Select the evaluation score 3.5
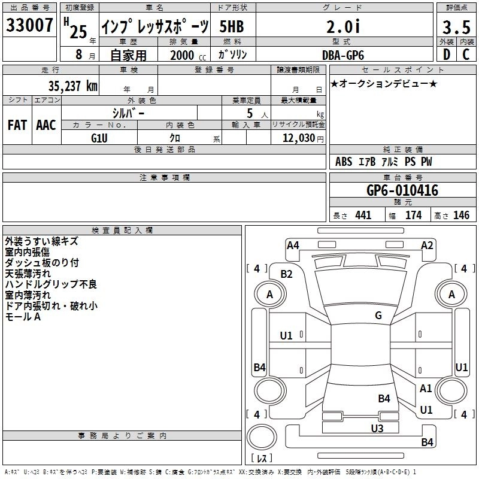(x=456, y=27)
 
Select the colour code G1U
(x=99, y=138)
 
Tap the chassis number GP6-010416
(x=402, y=190)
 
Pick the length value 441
(x=363, y=216)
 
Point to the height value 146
(x=461, y=216)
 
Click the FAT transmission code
(x=17, y=125)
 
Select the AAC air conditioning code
(x=46, y=125)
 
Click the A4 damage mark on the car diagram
(x=293, y=245)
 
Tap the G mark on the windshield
(x=378, y=316)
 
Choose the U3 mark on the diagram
(x=377, y=428)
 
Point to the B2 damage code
(x=287, y=274)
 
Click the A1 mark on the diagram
(x=426, y=389)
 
